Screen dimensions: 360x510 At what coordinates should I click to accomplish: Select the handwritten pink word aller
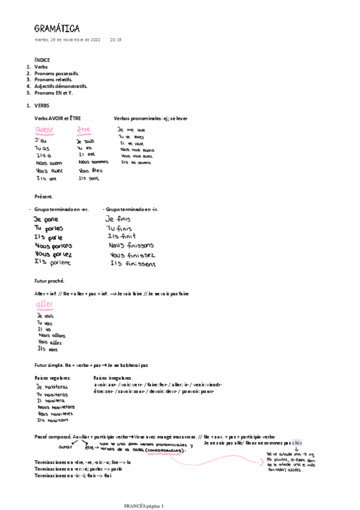45,304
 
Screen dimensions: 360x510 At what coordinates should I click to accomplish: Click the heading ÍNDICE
42,60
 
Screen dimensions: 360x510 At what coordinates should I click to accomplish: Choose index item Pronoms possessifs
56,73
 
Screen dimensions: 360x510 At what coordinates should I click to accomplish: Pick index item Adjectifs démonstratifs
61,86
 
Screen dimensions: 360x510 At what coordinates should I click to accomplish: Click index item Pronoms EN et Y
53,93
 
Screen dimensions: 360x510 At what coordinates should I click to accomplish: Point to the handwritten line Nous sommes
93,162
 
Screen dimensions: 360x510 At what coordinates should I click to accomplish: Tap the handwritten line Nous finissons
131,245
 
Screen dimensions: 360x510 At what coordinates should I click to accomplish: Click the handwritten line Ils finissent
133,264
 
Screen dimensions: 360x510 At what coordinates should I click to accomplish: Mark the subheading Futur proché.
49,281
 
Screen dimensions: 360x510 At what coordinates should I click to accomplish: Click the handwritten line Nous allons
51,335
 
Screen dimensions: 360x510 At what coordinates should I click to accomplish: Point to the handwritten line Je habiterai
52,387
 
